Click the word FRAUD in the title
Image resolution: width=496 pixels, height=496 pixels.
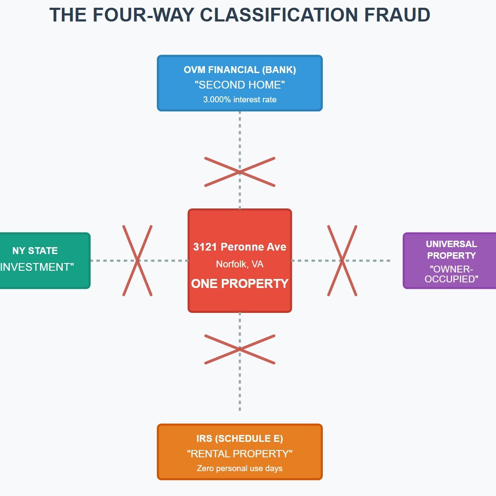pos(397,15)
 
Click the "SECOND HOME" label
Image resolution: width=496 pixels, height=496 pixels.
pos(240,85)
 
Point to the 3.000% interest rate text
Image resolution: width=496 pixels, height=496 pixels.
pos(240,100)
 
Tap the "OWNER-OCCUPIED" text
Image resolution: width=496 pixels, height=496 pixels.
pos(451,274)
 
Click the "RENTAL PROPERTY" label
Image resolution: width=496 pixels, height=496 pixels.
pos(240,453)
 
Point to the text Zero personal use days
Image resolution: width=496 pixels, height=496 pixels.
pos(240,468)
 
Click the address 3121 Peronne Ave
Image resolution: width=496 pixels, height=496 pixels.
pos(240,247)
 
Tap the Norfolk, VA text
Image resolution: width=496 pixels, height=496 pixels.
pos(240,264)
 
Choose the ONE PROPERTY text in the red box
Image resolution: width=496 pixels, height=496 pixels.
pos(240,284)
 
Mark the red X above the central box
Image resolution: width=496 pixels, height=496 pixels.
pos(240,172)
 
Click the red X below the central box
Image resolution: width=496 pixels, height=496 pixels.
pos(240,349)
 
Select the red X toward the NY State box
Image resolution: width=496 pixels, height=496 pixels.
pos(138,260)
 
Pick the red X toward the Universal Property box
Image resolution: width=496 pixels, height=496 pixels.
pos(342,260)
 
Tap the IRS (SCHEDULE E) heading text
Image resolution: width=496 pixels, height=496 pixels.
pos(240,438)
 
